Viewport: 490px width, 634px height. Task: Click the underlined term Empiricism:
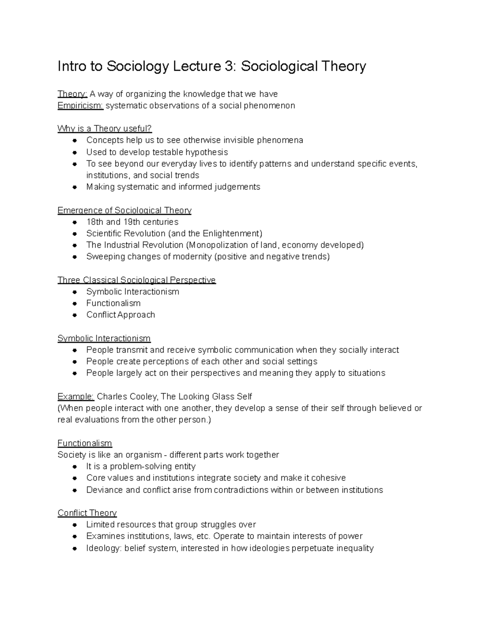pos(80,106)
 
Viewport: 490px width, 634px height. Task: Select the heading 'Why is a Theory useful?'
pos(105,129)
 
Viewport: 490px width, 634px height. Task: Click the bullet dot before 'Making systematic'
pos(74,187)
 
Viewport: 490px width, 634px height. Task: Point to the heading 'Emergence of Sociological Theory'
pos(125,210)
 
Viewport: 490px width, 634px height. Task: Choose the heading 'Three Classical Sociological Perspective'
pos(136,280)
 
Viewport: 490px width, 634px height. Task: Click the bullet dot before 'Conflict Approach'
pos(74,315)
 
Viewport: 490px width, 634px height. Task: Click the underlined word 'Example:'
pos(76,397)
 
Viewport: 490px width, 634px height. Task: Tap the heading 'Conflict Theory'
pos(87,513)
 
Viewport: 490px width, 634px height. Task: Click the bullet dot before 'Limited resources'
pos(74,525)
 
